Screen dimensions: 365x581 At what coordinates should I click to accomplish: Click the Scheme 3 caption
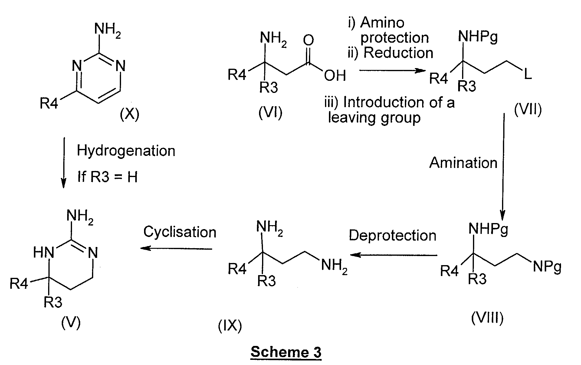[286, 352]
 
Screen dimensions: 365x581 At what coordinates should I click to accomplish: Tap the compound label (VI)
[270, 113]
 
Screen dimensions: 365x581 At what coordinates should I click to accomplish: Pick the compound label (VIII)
[487, 318]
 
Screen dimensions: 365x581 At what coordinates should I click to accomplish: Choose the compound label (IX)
[230, 326]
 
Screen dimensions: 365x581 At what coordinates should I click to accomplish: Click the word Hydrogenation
[126, 151]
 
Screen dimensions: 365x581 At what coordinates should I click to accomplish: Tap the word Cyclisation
[180, 232]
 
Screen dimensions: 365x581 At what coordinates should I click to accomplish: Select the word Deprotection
[392, 235]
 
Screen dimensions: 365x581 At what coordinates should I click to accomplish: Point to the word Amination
[463, 163]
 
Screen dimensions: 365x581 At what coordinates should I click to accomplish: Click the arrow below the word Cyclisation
[176, 248]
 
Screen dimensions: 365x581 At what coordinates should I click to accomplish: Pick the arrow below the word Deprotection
[393, 255]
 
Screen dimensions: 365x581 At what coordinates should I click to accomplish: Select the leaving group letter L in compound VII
[527, 74]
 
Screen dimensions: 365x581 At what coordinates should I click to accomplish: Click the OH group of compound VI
[335, 76]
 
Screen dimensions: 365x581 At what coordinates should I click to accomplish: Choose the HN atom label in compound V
[44, 252]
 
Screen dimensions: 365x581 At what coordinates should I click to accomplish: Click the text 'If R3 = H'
[107, 176]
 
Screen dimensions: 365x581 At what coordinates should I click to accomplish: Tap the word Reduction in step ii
[398, 53]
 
